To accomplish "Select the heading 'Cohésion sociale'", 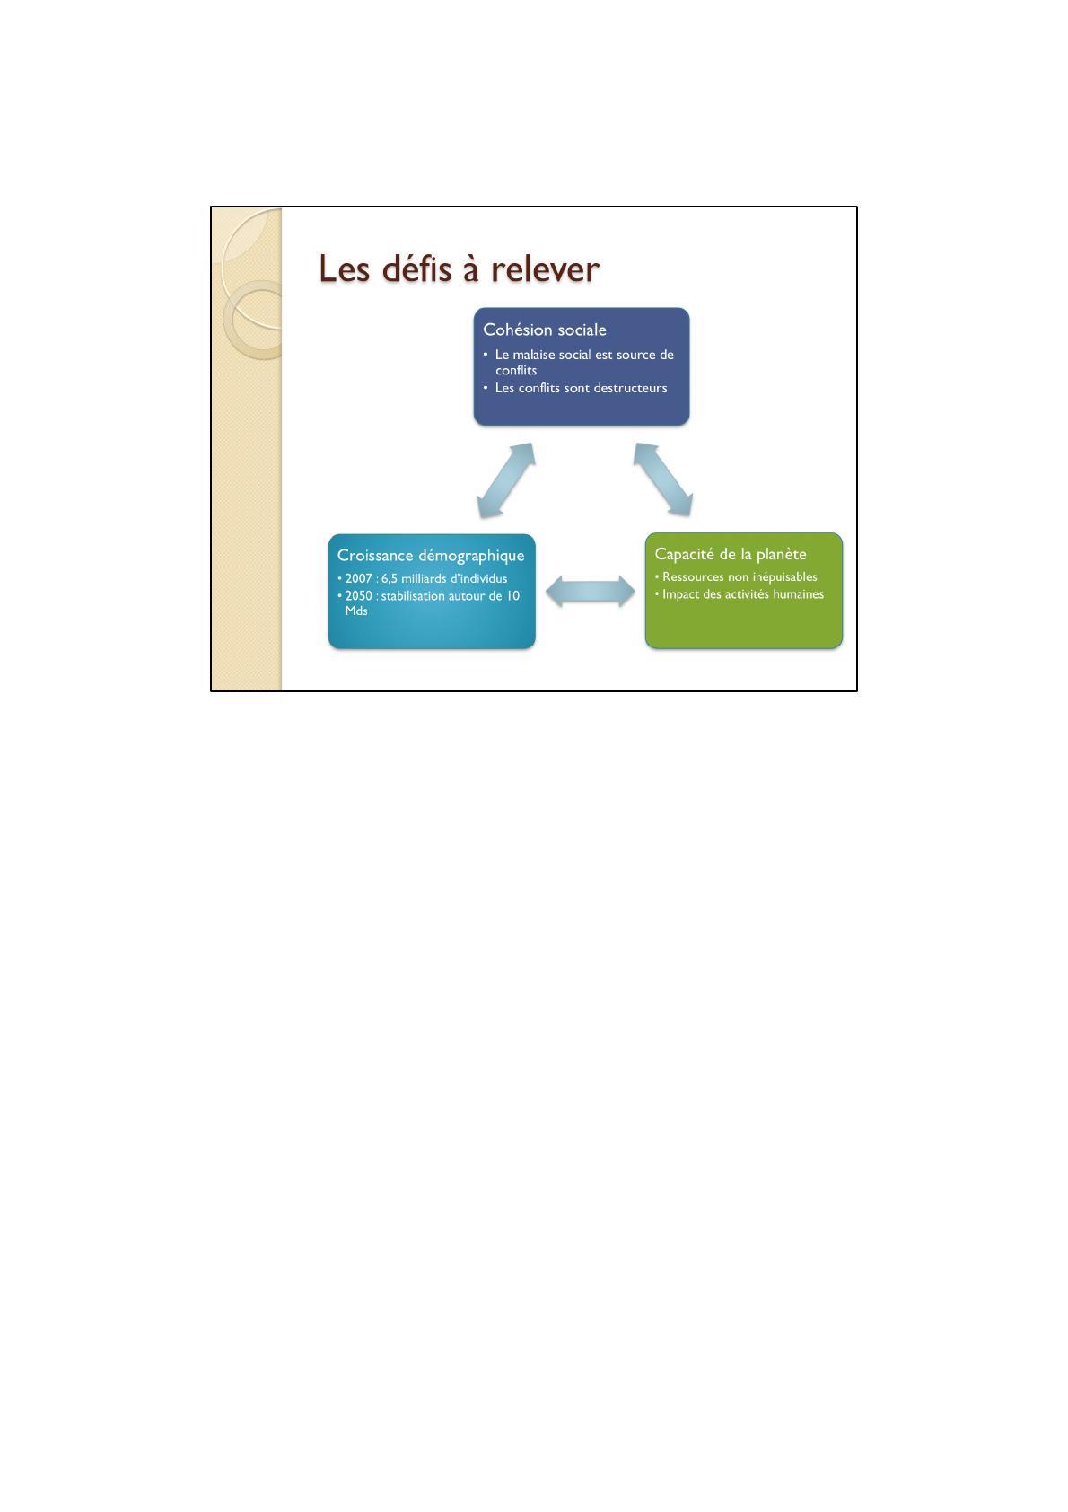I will tap(545, 330).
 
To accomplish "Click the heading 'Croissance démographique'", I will tap(431, 556).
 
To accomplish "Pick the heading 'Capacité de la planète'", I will tap(731, 554).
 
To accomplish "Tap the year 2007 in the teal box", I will tap(359, 578).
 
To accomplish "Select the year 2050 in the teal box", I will tap(359, 595).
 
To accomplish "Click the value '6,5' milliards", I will tap(390, 578).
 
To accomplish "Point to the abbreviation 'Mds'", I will tap(356, 611).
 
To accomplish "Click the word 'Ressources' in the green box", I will tap(693, 576).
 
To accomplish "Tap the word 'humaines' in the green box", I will tap(797, 594).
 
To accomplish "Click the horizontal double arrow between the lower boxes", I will tap(590, 592).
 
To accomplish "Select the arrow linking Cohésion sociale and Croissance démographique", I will tap(506, 480).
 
